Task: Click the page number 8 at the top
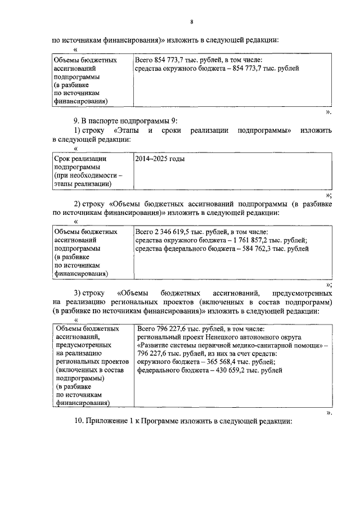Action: point(191,21)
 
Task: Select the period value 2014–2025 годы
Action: point(160,159)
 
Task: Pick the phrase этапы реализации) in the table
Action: point(82,183)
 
